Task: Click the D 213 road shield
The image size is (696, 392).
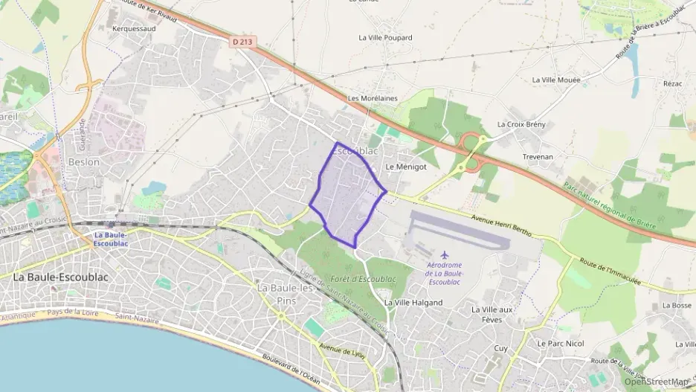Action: [242, 42]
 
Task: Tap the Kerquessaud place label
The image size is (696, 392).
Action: [133, 29]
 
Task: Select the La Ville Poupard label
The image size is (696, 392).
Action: [385, 37]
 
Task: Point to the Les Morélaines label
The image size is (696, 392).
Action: [373, 98]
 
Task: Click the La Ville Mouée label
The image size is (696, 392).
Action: [557, 80]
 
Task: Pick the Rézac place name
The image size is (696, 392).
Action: [672, 84]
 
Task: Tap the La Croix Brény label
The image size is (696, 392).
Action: [523, 124]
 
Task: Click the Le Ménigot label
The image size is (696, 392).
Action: [406, 167]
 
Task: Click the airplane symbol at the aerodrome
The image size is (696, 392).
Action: [445, 256]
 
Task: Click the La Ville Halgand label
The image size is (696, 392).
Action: [413, 303]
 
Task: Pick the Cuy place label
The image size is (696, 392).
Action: [500, 347]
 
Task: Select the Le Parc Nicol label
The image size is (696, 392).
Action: [561, 344]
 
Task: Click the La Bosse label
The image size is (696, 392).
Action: [677, 305]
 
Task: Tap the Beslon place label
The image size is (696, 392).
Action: [83, 161]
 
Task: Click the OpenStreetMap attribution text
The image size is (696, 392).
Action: [657, 382]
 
